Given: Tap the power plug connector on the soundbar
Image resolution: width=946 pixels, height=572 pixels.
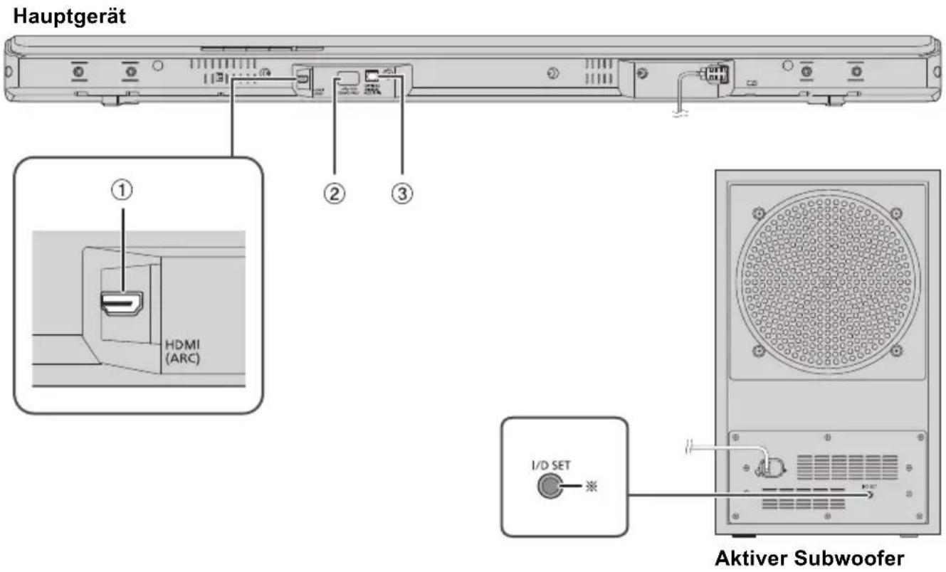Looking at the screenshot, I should [x=713, y=75].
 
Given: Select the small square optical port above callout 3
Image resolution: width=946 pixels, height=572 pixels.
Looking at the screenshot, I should [x=371, y=74].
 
